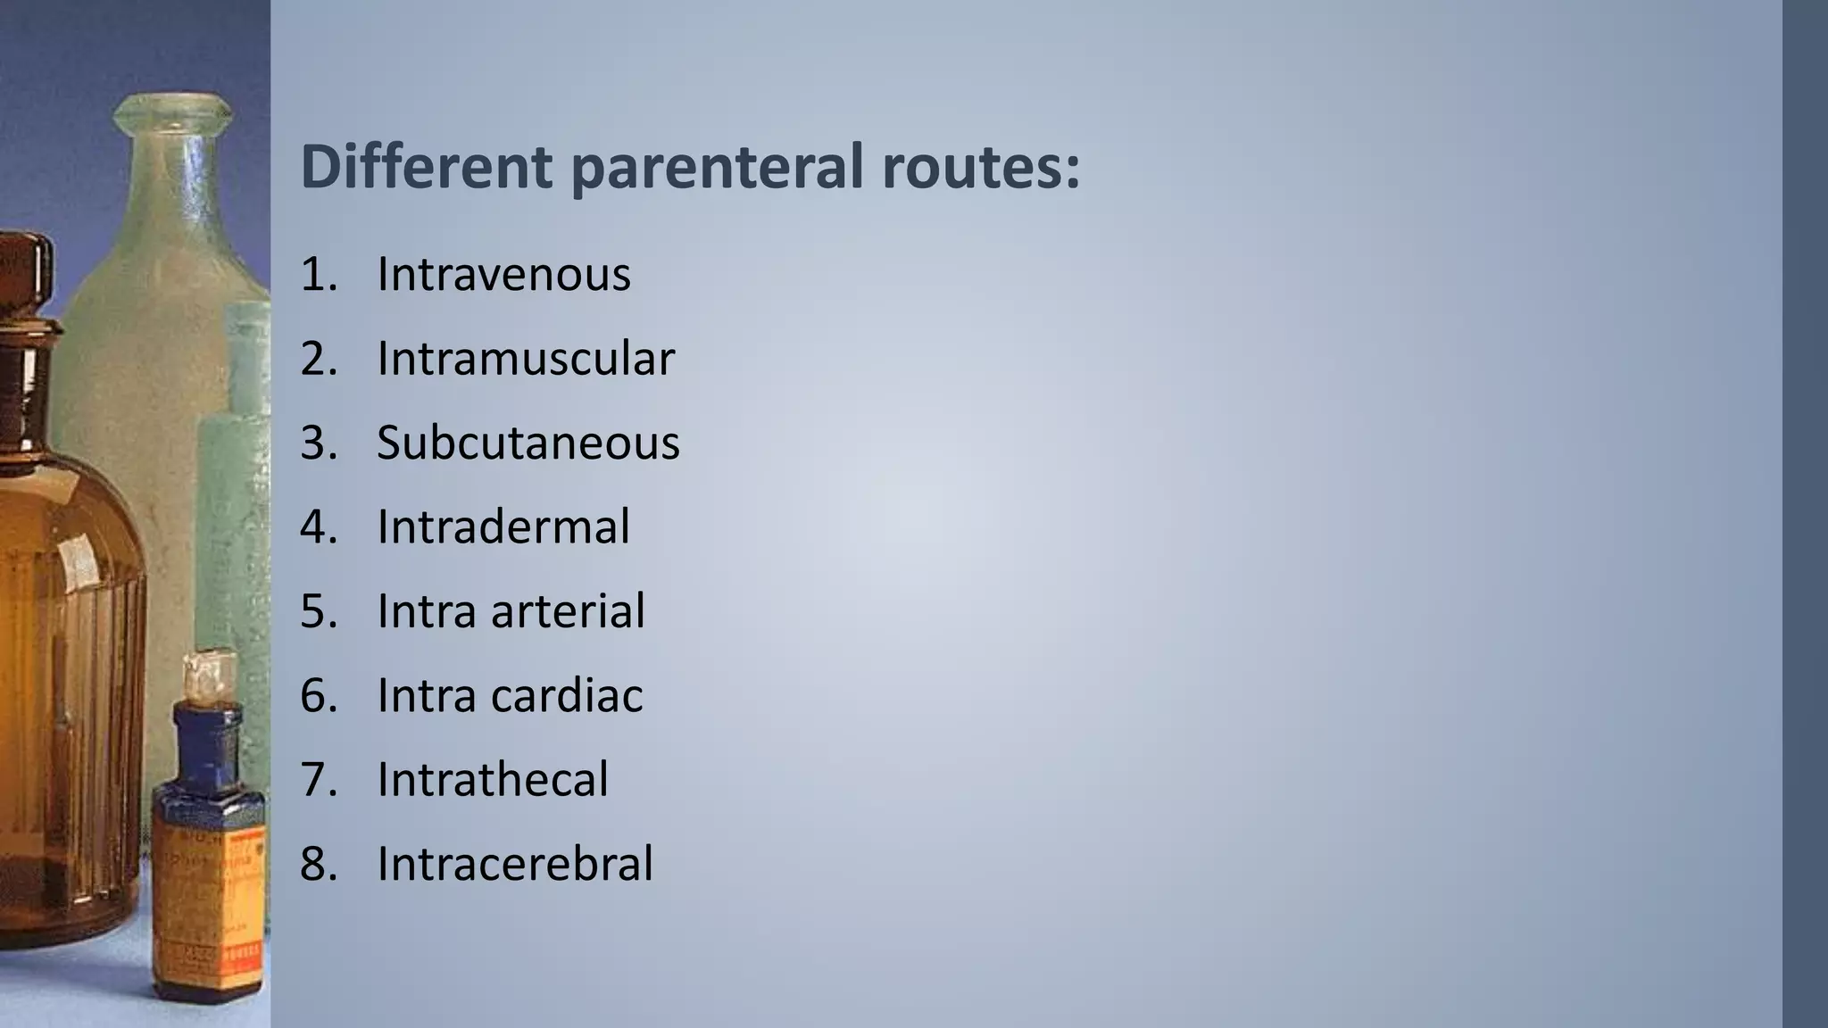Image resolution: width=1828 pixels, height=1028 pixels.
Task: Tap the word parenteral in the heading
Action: pyautogui.click(x=717, y=168)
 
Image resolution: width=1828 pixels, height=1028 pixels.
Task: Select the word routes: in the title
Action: pyautogui.click(x=981, y=168)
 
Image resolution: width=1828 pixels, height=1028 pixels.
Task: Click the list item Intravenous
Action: pyautogui.click(x=503, y=274)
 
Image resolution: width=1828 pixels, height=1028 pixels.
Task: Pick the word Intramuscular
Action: pyautogui.click(x=526, y=359)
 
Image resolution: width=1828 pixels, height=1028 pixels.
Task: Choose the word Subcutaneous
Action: pyautogui.click(x=528, y=443)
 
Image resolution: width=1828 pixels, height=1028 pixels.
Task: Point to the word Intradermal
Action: pyautogui.click(x=503, y=526)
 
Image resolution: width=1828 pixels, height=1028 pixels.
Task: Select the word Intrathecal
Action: pyautogui.click(x=493, y=779)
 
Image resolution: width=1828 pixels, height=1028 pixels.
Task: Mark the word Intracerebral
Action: pyautogui.click(x=515, y=864)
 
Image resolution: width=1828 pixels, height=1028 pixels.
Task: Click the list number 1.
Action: pyautogui.click(x=318, y=274)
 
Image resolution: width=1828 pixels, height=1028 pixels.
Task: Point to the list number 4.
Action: pyautogui.click(x=318, y=526)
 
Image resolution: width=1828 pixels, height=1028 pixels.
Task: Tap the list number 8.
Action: pyautogui.click(x=318, y=864)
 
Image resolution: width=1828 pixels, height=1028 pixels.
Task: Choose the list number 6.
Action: pyautogui.click(x=318, y=695)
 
